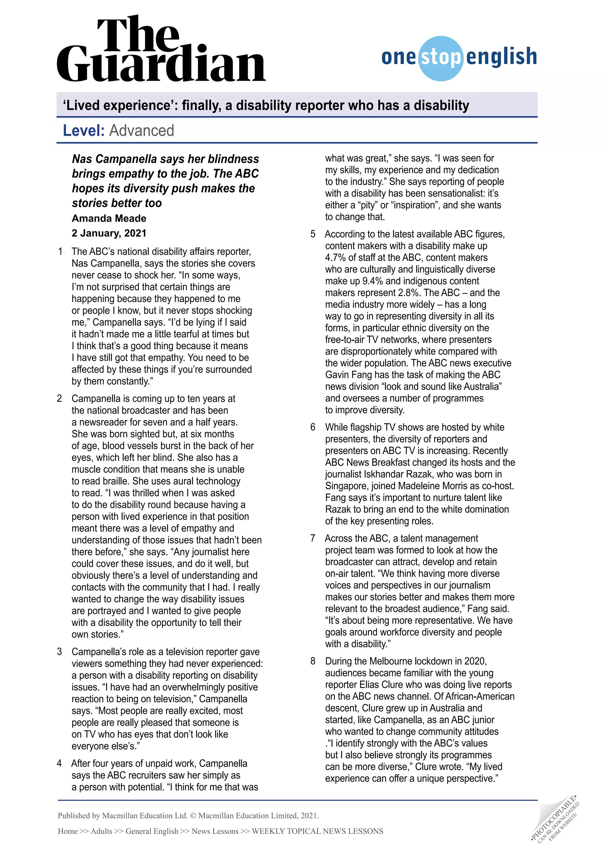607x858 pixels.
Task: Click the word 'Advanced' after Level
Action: [142, 131]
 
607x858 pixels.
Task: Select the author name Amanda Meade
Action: [109, 218]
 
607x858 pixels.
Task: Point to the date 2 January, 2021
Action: [109, 233]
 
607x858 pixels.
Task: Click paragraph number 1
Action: [60, 252]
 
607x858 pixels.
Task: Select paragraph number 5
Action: [313, 234]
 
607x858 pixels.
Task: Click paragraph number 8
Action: [313, 661]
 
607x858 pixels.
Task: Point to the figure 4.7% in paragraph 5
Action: [335, 258]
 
